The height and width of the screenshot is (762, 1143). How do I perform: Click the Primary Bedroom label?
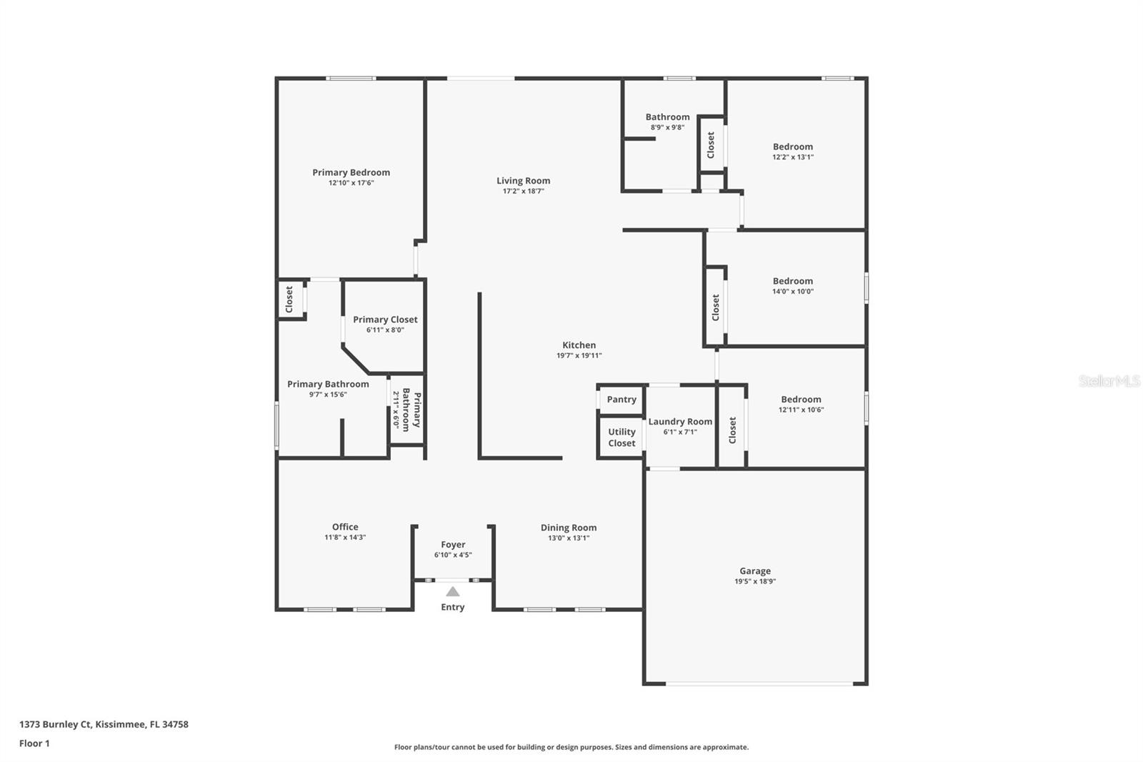[351, 172]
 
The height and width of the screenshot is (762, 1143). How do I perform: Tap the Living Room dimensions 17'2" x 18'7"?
[523, 192]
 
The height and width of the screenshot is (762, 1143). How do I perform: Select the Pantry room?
[621, 400]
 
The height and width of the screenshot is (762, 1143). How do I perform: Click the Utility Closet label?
[622, 437]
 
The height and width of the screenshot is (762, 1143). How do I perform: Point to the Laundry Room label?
[680, 422]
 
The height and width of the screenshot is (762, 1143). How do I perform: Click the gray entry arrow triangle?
[452, 591]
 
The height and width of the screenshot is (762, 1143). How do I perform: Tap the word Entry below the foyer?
[452, 607]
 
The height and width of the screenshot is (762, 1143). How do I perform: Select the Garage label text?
[754, 571]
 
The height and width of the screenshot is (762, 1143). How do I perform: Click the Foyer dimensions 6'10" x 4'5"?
[453, 555]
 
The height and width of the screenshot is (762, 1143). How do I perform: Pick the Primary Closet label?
[385, 320]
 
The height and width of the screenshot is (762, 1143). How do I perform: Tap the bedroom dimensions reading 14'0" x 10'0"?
[792, 292]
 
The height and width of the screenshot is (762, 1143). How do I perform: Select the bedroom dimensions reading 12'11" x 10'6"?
[801, 410]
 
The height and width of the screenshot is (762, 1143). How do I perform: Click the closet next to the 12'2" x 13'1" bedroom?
[711, 145]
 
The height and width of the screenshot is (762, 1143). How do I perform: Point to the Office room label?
[345, 527]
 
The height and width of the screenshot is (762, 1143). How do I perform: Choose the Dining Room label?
[568, 528]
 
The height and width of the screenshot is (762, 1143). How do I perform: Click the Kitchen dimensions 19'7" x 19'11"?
[579, 356]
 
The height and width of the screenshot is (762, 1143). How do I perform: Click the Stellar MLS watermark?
[1109, 381]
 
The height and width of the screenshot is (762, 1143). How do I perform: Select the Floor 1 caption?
[34, 743]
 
